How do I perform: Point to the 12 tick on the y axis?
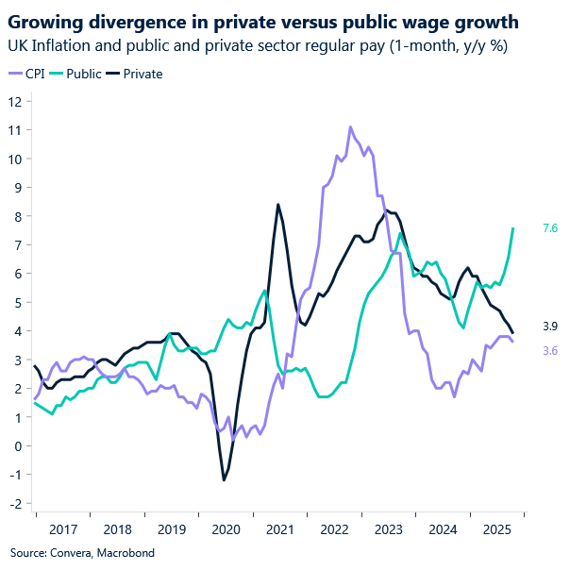(x=16, y=101)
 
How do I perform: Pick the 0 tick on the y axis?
(x=18, y=445)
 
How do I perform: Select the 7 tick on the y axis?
(x=18, y=244)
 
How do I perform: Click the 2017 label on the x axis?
(x=62, y=531)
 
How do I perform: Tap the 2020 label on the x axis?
(x=225, y=531)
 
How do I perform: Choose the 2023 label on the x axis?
(x=387, y=531)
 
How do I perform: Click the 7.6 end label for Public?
(x=550, y=228)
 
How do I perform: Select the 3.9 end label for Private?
(x=550, y=327)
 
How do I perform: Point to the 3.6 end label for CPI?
(x=550, y=350)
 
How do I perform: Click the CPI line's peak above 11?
(x=350, y=126)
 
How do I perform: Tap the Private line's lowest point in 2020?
(x=224, y=480)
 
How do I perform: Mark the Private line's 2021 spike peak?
(x=277, y=204)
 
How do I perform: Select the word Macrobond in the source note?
(x=123, y=552)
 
